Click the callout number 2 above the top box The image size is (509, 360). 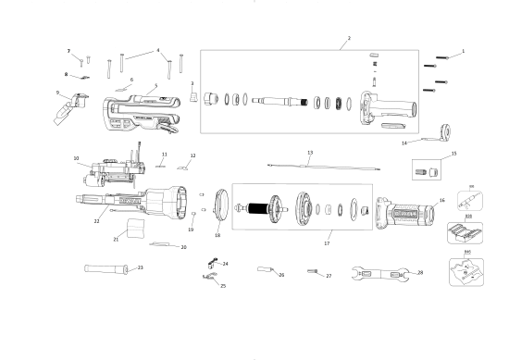click(x=349, y=38)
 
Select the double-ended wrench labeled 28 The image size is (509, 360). click(x=380, y=274)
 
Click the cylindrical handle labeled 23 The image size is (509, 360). click(x=108, y=269)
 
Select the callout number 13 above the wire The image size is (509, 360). click(x=310, y=152)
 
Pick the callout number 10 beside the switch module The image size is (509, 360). click(x=76, y=158)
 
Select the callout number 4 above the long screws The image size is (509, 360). click(x=158, y=50)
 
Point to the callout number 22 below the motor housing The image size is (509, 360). click(x=96, y=221)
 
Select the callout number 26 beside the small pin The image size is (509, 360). click(x=281, y=275)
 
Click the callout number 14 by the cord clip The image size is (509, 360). click(x=404, y=143)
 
